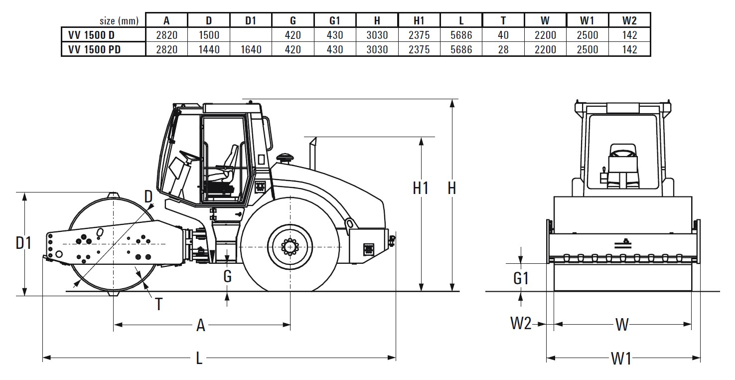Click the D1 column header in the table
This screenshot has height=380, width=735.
coord(251,20)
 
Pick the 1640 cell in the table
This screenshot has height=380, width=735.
coord(251,49)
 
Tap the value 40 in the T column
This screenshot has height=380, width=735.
coord(503,35)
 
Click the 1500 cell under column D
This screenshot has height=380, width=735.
coord(209,35)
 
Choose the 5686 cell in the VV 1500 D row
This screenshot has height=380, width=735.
coord(461,35)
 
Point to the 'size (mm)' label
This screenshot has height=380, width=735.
coord(119,21)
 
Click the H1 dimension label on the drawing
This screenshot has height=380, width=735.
coord(421,188)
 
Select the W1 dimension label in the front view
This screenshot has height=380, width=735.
coord(621,358)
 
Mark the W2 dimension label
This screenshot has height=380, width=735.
coord(520,325)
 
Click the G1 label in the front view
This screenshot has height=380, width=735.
coord(521,278)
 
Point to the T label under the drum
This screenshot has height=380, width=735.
coord(158,304)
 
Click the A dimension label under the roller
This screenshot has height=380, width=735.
coord(201,325)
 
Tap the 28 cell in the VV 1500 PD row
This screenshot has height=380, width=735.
coord(503,49)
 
